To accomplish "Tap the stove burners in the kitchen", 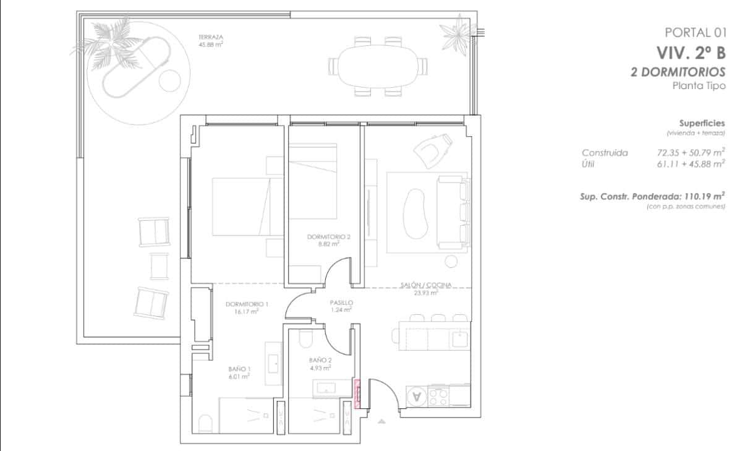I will tap(438, 396).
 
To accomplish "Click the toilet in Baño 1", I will tap(205, 424).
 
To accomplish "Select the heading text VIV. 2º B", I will tap(691, 52).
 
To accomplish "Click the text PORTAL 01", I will tap(694, 32).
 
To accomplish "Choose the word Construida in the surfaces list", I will tap(605, 152).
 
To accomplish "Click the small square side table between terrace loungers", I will tap(160, 266).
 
